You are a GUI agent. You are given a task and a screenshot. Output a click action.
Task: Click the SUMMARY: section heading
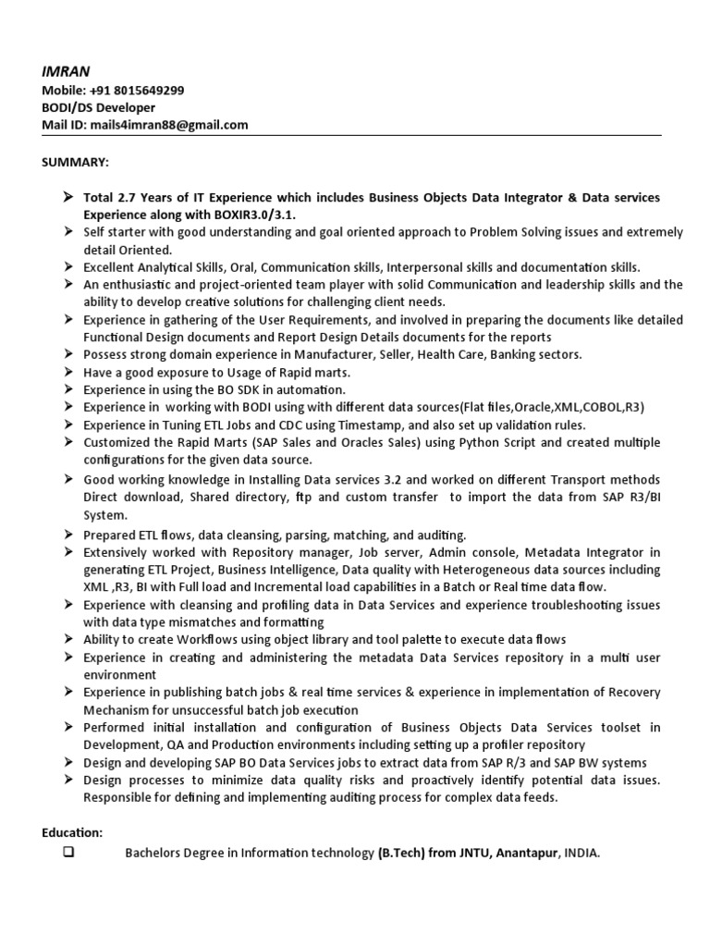pyautogui.click(x=76, y=162)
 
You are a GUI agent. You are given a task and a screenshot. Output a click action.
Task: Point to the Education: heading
pyautogui.click(x=72, y=832)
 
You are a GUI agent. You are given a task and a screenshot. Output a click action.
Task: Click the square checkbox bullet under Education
pyautogui.click(x=67, y=853)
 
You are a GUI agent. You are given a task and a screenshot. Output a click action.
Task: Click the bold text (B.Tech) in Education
pyautogui.click(x=402, y=854)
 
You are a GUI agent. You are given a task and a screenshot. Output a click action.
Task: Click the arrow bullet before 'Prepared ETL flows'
pyautogui.click(x=68, y=535)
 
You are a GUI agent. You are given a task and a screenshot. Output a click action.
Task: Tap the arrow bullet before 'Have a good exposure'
pyautogui.click(x=68, y=372)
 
